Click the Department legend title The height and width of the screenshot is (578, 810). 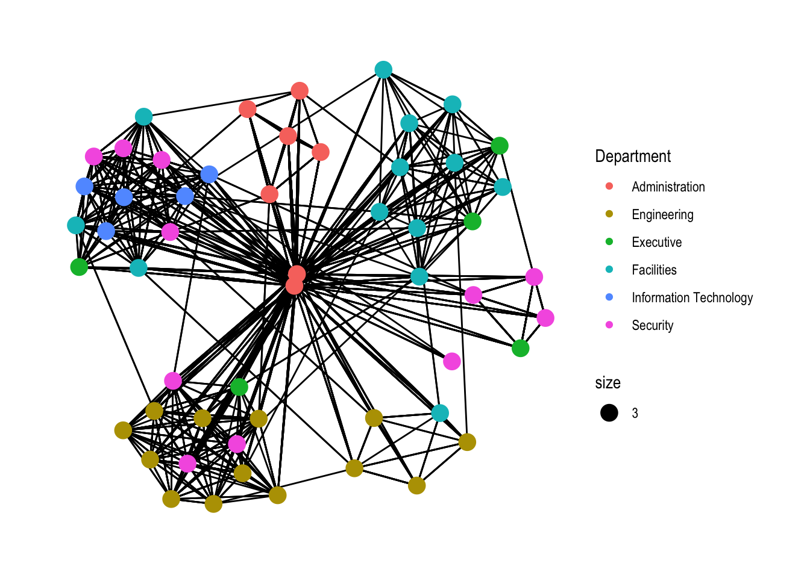(x=632, y=157)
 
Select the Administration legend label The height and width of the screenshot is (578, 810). (x=668, y=187)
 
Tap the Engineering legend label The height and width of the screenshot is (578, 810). (x=662, y=214)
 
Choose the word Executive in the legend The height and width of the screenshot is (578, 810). (x=656, y=242)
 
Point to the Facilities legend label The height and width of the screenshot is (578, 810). (x=654, y=270)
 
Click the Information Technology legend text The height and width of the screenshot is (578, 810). (x=692, y=297)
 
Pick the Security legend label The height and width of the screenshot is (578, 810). (x=652, y=325)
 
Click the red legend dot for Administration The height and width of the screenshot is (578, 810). (x=609, y=186)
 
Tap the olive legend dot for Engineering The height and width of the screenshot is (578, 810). (x=609, y=214)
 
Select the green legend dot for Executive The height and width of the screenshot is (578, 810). (x=609, y=241)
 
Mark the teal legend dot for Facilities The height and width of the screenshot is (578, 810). (x=609, y=269)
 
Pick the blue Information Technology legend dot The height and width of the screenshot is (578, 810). (x=609, y=297)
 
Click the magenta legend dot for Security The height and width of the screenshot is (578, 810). (x=609, y=325)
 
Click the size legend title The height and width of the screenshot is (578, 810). (x=607, y=383)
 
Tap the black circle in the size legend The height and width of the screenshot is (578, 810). (x=609, y=412)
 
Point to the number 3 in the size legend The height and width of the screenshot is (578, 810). (x=635, y=413)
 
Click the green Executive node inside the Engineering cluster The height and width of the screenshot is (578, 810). (x=239, y=387)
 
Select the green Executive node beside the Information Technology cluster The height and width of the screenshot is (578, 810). (x=79, y=266)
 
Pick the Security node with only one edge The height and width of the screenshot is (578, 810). (x=452, y=361)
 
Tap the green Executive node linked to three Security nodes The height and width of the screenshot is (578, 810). (x=520, y=348)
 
